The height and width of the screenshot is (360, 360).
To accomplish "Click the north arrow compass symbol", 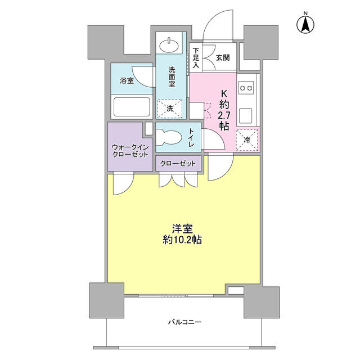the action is tap(305, 24).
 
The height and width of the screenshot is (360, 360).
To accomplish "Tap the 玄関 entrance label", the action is tap(223, 57).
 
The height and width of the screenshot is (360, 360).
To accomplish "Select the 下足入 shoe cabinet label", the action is tap(196, 57).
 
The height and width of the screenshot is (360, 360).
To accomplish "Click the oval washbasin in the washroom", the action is tap(169, 45).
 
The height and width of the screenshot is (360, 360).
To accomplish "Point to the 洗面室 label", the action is tap(172, 76).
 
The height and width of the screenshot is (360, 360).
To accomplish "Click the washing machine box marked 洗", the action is tap(170, 109).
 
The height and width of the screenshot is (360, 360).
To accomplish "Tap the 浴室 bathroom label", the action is tap(127, 80).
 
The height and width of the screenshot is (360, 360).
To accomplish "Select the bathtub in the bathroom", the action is tap(132, 107).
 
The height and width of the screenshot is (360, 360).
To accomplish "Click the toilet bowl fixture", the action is tap(169, 137).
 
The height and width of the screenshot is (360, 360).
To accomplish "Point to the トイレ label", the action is tap(191, 137).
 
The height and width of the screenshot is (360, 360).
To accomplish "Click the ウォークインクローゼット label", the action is tap(130, 151).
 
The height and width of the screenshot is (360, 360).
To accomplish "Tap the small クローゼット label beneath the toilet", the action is tap(178, 164).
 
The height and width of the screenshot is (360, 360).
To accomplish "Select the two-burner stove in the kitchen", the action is tap(246, 88).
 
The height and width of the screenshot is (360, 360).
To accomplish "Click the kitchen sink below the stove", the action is tap(246, 116).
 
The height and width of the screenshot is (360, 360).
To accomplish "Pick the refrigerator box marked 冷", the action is tap(247, 140).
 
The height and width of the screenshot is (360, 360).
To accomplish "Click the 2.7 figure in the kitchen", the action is tap(224, 115).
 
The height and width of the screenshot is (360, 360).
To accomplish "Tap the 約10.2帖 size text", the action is tap(182, 240).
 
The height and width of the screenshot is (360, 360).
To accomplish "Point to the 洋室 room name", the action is tap(182, 229).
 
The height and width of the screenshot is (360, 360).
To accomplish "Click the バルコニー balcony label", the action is tap(185, 322).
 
